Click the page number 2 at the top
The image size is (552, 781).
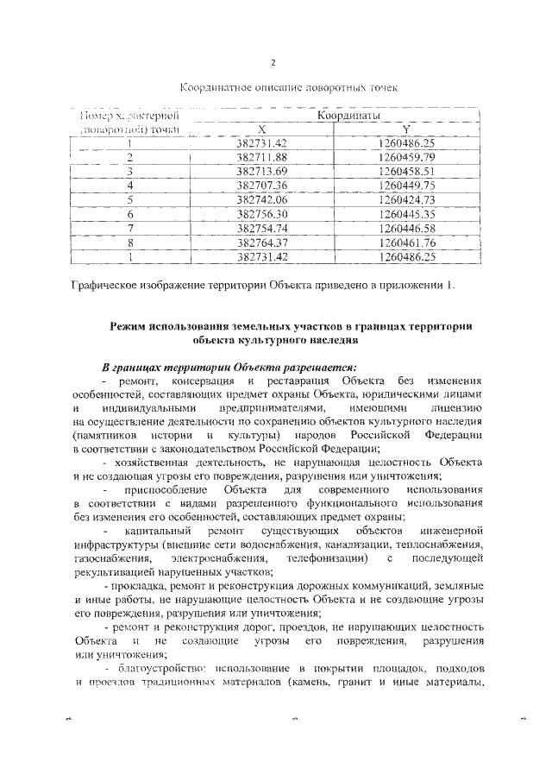[273, 64]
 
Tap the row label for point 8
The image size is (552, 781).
[129, 242]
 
